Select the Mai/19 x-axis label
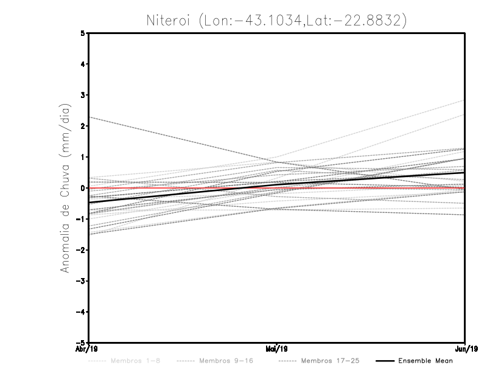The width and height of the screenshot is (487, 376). (x=277, y=349)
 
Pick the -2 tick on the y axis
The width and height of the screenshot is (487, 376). (x=81, y=250)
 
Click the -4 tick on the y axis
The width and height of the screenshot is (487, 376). (x=81, y=312)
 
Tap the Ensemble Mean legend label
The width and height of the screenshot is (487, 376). (x=425, y=361)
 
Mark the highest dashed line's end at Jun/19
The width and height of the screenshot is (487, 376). (x=464, y=100)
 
